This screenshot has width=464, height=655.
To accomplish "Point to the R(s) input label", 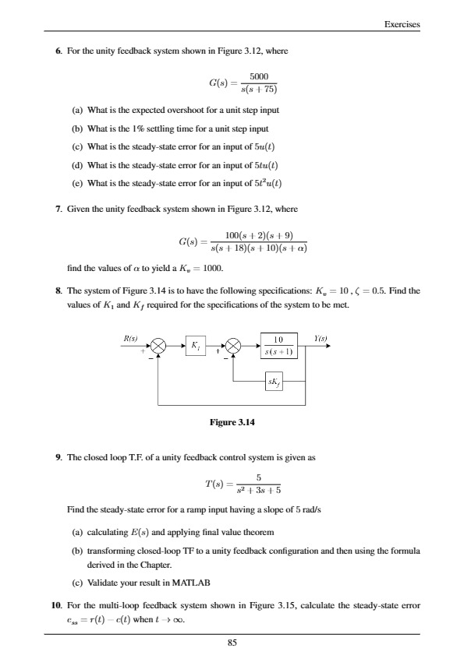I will click(131, 339).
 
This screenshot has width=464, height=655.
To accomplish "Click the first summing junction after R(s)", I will click(160, 345).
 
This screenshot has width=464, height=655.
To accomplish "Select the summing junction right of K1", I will click(234, 345).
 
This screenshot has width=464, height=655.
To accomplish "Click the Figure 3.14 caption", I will click(232, 423).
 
